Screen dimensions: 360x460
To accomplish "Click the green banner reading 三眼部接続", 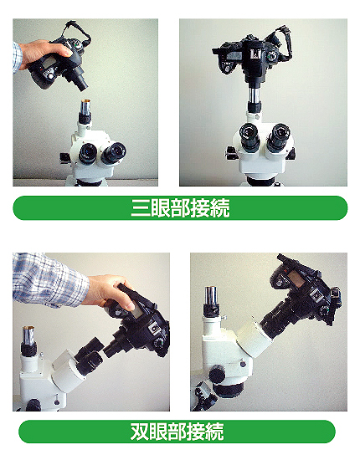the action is (x=180, y=207).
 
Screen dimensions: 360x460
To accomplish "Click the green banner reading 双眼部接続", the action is (x=177, y=432).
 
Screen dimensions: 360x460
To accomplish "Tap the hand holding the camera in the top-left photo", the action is (x=44, y=54).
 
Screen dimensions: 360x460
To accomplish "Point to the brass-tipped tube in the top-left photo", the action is (x=86, y=108).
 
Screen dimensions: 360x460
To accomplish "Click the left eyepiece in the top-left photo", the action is (x=88, y=153).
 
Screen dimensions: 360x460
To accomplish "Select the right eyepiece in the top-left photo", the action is (x=114, y=152).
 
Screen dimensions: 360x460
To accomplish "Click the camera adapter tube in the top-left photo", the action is (x=80, y=79).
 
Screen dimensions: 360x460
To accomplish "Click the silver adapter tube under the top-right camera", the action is (x=255, y=94).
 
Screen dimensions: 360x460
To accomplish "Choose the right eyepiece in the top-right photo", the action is (x=278, y=137).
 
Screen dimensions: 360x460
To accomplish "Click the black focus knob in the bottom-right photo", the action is (x=217, y=374).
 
